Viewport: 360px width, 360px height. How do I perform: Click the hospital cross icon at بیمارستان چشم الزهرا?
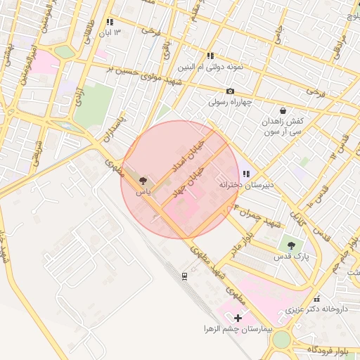point(238,318)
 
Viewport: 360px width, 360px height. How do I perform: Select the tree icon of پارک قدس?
point(291,245)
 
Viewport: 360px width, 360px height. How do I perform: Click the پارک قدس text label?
point(292,257)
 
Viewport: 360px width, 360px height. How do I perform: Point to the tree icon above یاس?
point(143,181)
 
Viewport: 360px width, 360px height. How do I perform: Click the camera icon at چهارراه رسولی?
point(230,91)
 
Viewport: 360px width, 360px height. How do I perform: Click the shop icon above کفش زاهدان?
point(282,111)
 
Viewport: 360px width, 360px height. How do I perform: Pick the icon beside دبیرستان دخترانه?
point(245,174)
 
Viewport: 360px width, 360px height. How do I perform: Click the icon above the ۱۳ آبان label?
point(109,22)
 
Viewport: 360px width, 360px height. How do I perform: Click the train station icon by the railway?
point(184,276)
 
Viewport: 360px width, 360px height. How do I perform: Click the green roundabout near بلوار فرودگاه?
point(281,339)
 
